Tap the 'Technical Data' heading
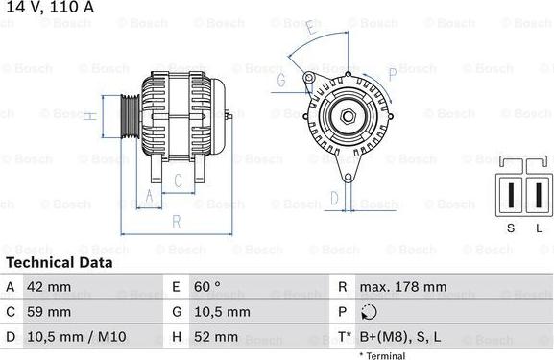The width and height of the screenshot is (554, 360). (59, 262)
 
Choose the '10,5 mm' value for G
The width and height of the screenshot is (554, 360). (223, 312)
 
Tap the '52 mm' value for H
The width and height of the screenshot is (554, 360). (217, 337)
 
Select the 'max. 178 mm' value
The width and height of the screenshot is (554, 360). (403, 287)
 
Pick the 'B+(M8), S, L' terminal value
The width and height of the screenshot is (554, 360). (401, 337)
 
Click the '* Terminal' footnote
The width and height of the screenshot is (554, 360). (382, 355)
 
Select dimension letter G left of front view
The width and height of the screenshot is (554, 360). (281, 81)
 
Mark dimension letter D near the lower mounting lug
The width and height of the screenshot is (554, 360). (333, 198)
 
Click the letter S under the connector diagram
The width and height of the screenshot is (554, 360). (510, 228)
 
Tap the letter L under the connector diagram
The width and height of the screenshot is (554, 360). (538, 228)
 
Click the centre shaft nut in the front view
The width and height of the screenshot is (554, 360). (347, 117)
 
